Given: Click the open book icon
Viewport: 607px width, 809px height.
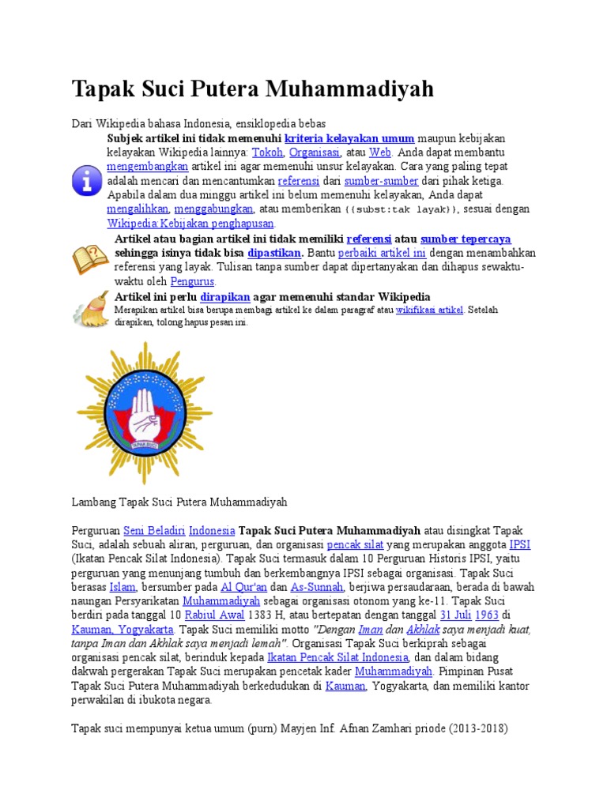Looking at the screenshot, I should pyautogui.click(x=89, y=259).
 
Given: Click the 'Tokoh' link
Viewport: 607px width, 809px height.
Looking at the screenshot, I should pyautogui.click(x=267, y=152).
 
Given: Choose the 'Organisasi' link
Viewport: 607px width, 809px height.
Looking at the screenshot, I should pyautogui.click(x=315, y=152).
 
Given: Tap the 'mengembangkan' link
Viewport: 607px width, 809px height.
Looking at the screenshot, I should pyautogui.click(x=147, y=167).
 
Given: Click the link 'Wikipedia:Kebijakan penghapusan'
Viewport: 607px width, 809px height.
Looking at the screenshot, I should pyautogui.click(x=190, y=224).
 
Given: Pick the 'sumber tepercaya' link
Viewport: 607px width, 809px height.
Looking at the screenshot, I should pyautogui.click(x=466, y=239).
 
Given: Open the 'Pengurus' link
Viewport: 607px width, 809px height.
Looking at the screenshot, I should pyautogui.click(x=192, y=281).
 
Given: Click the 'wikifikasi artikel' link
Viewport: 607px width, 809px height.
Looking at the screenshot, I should pyautogui.click(x=429, y=310).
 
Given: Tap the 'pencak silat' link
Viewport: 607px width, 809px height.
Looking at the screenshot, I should pyautogui.click(x=355, y=544).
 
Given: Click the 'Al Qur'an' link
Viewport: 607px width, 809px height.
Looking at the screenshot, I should pyautogui.click(x=244, y=587).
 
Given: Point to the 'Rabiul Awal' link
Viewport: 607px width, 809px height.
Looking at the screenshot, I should pyautogui.click(x=214, y=615).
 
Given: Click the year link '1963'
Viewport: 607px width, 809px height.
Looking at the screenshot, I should pyautogui.click(x=486, y=615).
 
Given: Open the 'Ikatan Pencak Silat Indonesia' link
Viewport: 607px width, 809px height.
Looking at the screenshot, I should pyautogui.click(x=337, y=657).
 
